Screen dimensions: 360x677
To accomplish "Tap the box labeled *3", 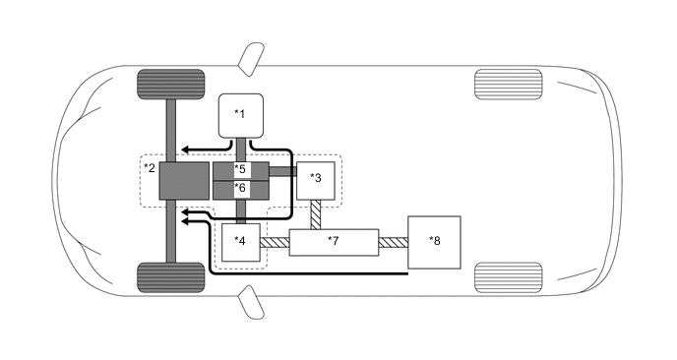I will (x=318, y=179).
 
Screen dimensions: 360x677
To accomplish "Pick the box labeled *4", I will (x=240, y=242).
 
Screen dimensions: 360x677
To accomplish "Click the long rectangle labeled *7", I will (x=335, y=241).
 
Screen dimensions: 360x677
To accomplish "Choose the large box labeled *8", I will (x=434, y=241).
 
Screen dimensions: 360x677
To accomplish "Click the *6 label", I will (x=240, y=187).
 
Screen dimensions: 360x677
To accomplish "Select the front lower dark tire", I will (x=170, y=276).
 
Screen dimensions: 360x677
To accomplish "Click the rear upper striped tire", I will (x=508, y=81).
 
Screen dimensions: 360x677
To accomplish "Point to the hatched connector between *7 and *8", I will (x=395, y=241).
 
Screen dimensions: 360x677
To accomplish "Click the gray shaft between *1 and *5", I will (x=242, y=150).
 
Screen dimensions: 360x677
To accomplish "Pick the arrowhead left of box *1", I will (x=184, y=150).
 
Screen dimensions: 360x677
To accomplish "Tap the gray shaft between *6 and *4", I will (x=242, y=213).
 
